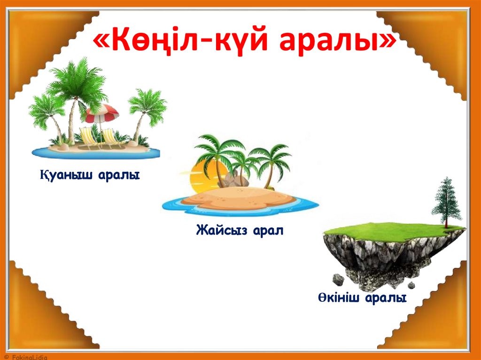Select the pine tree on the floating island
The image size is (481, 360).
point(446,202)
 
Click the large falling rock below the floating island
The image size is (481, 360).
point(339,280)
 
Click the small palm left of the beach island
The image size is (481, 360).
point(47,113)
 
